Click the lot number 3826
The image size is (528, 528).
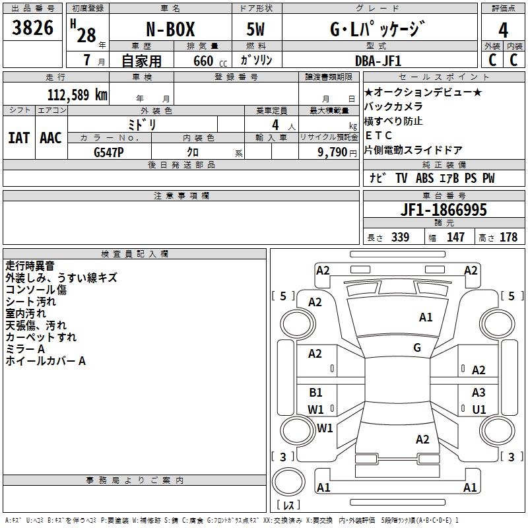32,28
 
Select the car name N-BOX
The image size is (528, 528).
170,29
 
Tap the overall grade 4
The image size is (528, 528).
503,30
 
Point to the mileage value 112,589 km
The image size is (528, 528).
77,95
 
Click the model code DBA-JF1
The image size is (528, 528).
378,61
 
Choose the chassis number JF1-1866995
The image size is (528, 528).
444,210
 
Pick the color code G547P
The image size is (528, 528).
109,152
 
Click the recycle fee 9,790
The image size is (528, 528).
333,152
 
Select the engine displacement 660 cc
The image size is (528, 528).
210,61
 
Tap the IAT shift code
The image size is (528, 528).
18,138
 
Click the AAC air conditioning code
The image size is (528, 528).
51,138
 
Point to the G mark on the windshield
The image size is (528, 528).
417,348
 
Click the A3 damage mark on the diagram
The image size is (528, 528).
478,392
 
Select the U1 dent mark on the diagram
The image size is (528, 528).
479,409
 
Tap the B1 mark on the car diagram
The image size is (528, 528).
315,392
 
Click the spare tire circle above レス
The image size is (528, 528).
288,482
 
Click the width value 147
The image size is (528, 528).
455,237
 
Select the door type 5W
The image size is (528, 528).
255,29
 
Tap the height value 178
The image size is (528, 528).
508,237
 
